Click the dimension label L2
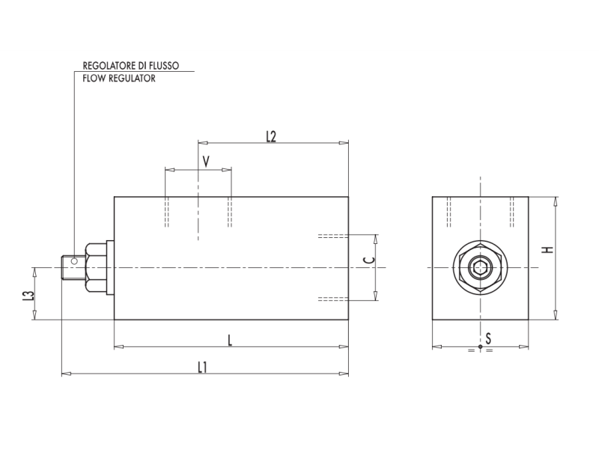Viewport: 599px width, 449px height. point(271,136)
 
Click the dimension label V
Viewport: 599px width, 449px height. point(206,161)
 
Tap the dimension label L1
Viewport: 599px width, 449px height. point(202,367)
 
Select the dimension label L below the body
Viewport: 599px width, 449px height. point(230,340)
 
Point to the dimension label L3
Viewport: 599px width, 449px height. point(28,296)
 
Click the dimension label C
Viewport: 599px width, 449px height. point(367,260)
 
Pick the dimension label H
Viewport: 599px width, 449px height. point(548,249)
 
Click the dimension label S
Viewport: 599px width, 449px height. point(488,339)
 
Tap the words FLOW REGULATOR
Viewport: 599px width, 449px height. point(119,78)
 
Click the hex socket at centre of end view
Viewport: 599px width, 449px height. point(480,268)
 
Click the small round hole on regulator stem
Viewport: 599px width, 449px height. point(73,261)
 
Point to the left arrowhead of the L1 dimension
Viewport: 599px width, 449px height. point(64,373)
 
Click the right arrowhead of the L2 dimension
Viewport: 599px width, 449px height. point(345,142)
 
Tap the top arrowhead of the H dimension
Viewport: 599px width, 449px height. point(556,200)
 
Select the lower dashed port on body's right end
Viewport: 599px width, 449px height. point(332,299)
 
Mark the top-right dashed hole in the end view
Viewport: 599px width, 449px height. point(513,211)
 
